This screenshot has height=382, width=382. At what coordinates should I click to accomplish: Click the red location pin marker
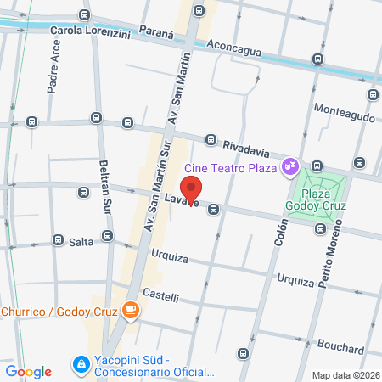point(192,189)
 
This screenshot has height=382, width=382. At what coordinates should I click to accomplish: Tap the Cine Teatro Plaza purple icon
point(290,165)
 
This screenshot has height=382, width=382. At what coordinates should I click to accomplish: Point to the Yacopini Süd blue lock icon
point(81,363)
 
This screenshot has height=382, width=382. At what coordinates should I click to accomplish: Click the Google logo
point(28,371)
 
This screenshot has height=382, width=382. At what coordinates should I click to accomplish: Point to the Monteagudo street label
point(343,110)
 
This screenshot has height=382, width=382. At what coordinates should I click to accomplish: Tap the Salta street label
point(81,242)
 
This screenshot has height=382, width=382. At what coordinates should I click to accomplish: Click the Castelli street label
point(160,296)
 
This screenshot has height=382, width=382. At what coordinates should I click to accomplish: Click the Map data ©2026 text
point(345,375)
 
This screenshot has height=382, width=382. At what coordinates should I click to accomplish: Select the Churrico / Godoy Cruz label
point(57,310)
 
